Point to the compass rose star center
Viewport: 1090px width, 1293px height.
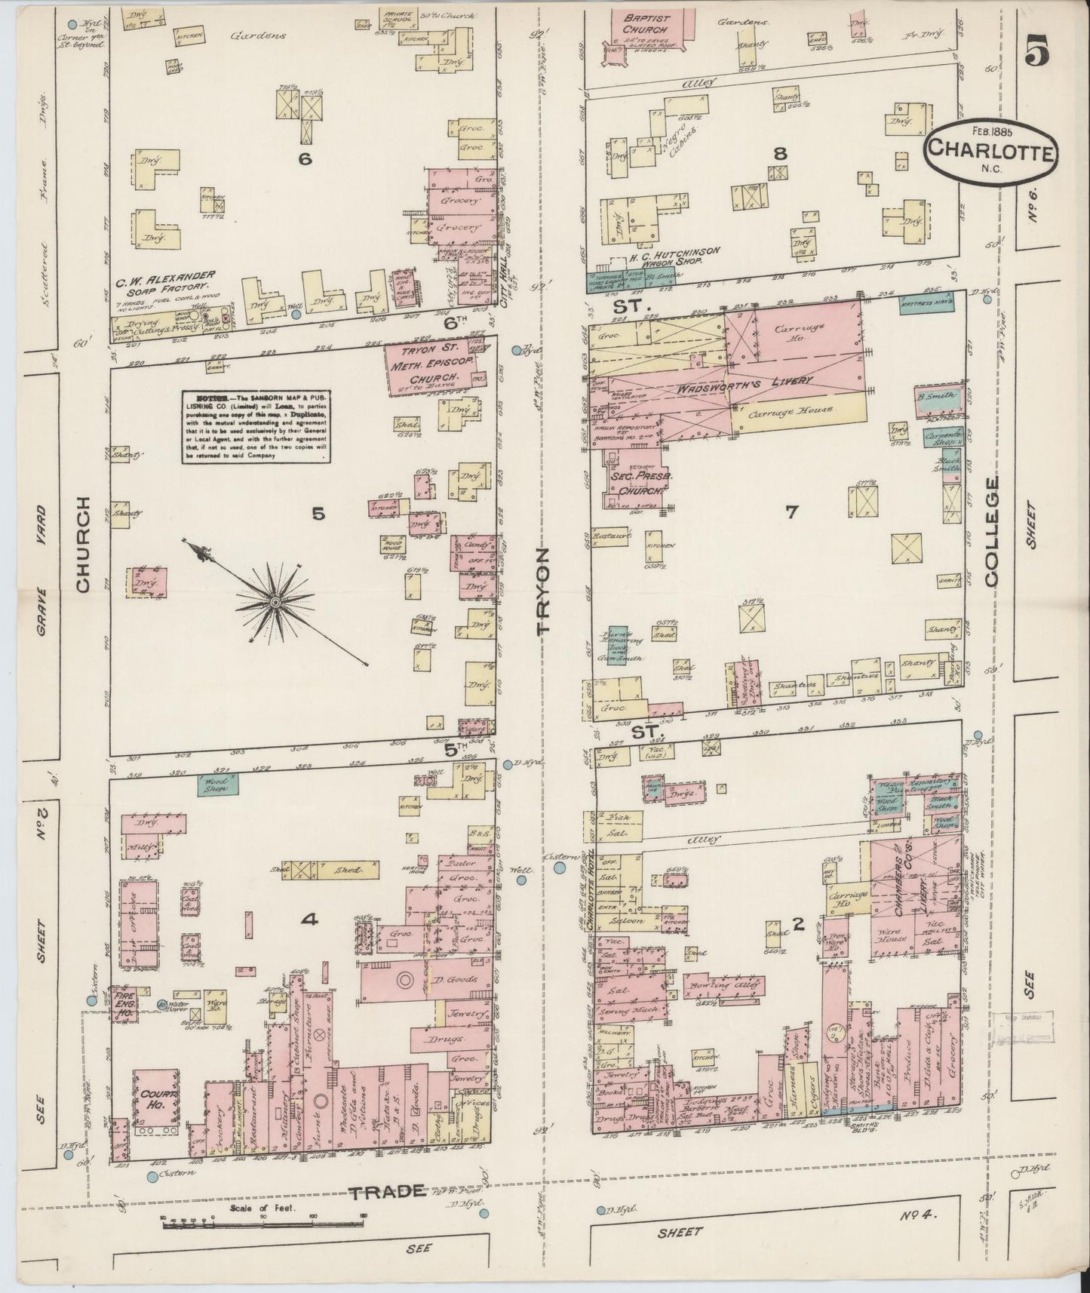275,602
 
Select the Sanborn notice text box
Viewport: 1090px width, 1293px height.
256,425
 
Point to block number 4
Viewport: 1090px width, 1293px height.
308,920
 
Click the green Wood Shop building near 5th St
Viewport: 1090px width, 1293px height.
219,785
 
